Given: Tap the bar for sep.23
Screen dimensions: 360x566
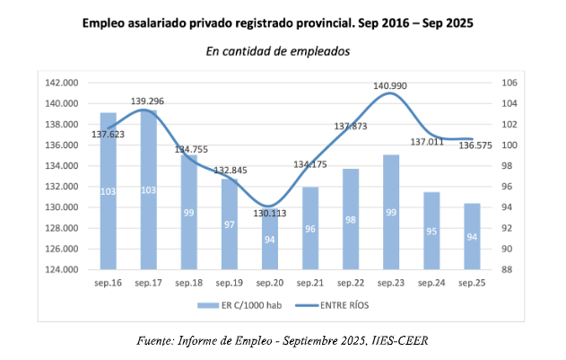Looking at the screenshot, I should tap(391, 212).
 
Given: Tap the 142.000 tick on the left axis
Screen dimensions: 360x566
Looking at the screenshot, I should tap(64, 83).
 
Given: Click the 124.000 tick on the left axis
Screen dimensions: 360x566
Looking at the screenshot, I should tap(64, 269).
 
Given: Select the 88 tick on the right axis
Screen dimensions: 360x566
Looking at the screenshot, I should tap(507, 269).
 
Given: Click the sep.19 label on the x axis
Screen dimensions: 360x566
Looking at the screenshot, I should tap(230, 284).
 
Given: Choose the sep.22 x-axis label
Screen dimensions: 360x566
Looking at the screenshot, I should tap(351, 284).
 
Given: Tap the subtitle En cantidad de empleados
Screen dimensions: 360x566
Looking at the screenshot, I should tap(277, 51).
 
